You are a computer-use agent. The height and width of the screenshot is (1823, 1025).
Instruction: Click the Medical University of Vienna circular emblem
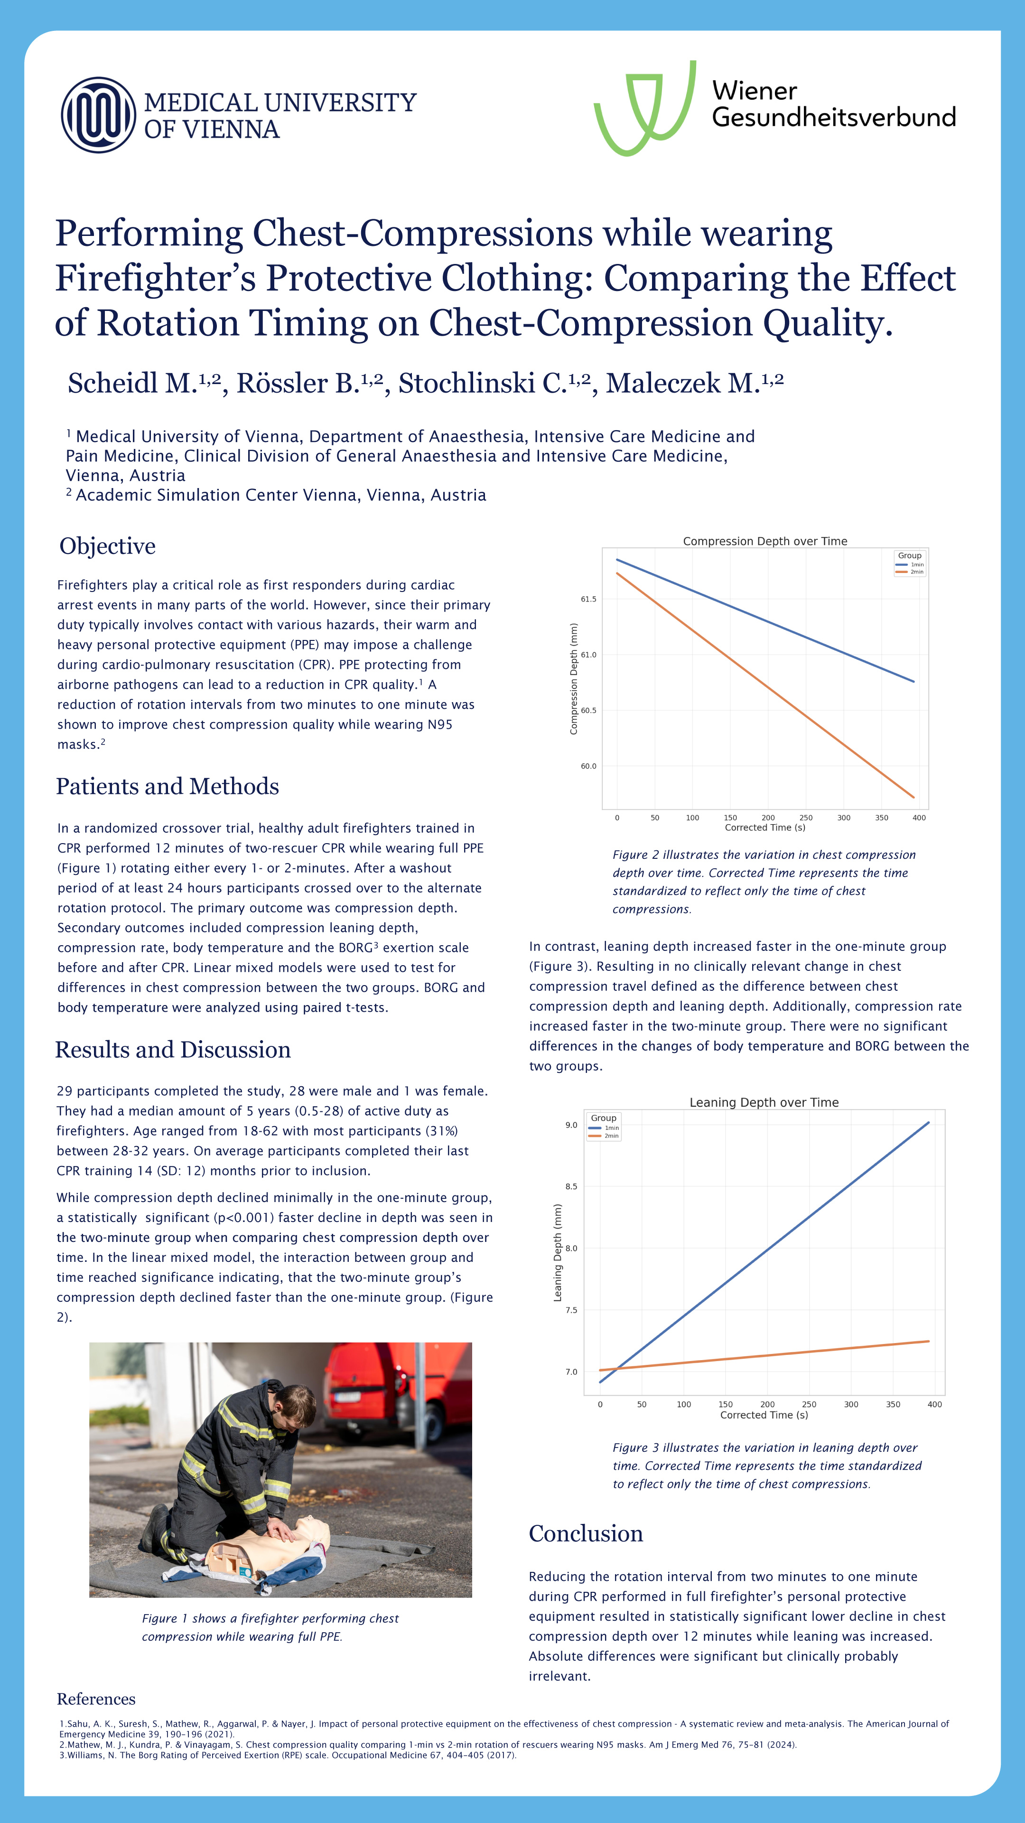tap(98, 114)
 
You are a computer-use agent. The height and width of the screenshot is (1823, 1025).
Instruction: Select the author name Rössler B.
tap(308, 384)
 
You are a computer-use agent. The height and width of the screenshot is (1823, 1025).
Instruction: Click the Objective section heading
tap(108, 546)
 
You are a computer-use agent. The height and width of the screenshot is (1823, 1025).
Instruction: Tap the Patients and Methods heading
tap(168, 786)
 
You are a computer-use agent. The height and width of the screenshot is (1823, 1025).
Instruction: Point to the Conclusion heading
tap(586, 1533)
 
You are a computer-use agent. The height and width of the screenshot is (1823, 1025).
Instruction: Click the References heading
tap(96, 1699)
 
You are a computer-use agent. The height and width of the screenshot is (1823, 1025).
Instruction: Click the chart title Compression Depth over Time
tap(764, 541)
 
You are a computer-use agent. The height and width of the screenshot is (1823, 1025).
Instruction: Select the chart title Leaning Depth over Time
tap(764, 1102)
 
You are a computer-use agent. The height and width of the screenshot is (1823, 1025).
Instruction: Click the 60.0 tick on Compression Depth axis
tap(588, 766)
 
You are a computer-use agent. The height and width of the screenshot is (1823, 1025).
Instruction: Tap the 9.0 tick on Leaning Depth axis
tap(571, 1125)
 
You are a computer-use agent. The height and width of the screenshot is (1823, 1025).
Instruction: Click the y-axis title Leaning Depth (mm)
tap(558, 1253)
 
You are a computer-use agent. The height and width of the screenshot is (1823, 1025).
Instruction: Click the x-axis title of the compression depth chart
tap(764, 827)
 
